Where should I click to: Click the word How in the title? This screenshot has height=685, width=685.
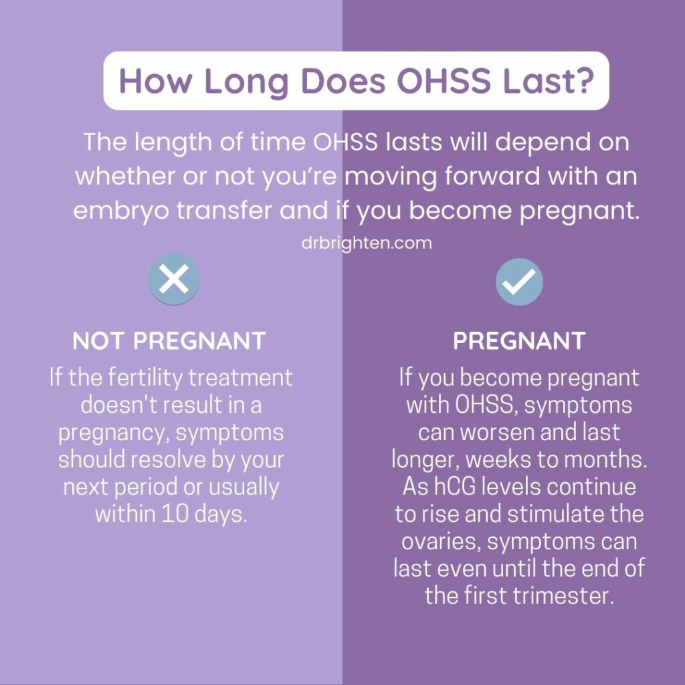point(156,80)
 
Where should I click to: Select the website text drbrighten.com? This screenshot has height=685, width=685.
point(367,243)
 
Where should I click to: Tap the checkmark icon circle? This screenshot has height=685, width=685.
point(519,282)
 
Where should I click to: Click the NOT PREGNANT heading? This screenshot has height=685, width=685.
point(169,341)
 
